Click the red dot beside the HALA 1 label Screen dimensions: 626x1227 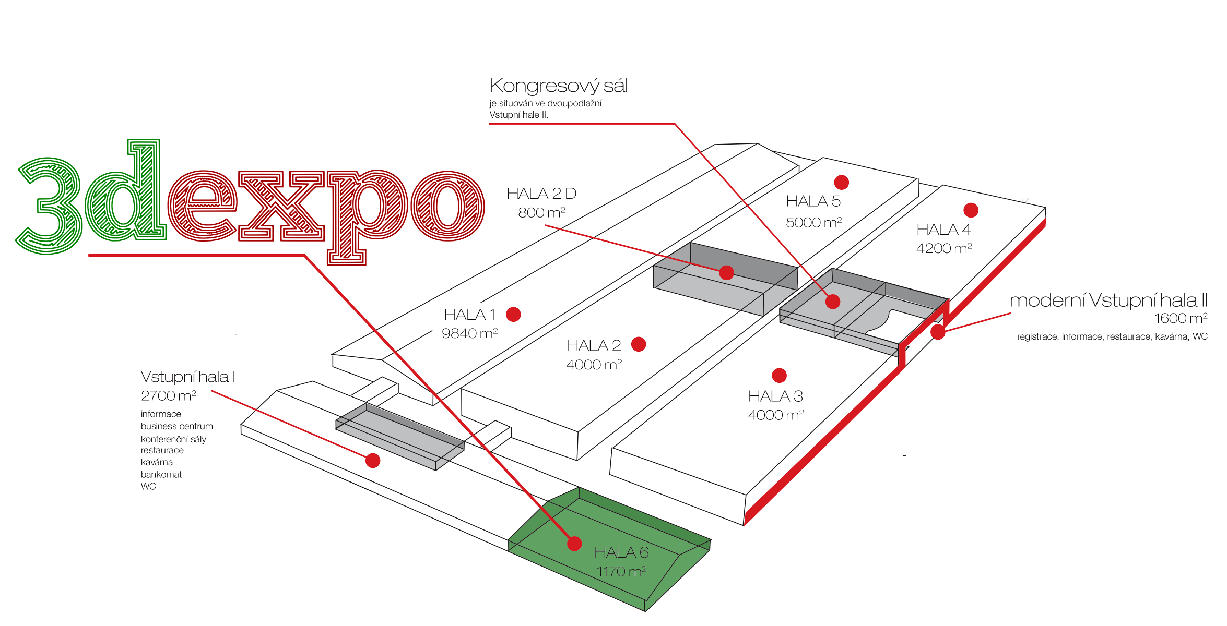point(513,314)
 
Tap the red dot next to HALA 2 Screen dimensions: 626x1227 point(639,344)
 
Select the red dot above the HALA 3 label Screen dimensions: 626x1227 point(779,375)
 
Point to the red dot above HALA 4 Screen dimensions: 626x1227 point(971,210)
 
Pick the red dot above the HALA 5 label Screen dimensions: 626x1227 point(841,182)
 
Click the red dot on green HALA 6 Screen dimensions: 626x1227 point(574,544)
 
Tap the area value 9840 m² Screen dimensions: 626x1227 point(469,333)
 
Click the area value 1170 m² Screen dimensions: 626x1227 point(621,572)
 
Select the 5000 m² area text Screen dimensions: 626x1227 point(813,223)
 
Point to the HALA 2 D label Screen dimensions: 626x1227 point(541,194)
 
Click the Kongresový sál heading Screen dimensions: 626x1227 point(558,86)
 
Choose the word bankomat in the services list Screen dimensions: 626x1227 point(161,474)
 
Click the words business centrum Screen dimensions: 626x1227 point(176,426)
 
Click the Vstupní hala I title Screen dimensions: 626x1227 point(187,377)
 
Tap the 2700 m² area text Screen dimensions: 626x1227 point(168,396)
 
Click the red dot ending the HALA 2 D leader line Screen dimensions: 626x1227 point(726,272)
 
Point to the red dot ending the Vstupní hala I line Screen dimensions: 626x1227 point(373,461)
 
